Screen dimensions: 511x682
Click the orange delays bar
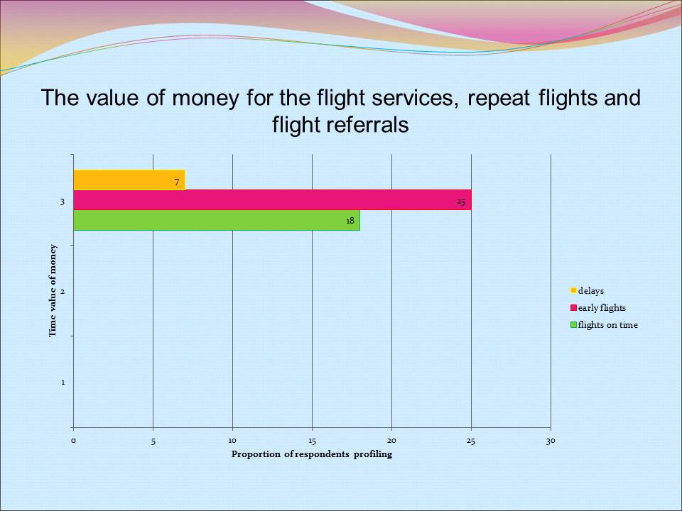coord(128,180)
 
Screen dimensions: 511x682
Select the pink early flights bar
coord(270,200)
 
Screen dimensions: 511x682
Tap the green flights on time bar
coord(213,220)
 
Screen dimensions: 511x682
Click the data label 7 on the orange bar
coord(177,182)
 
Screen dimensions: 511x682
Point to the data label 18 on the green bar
coord(350,221)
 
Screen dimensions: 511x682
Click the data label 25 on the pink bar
coord(461,202)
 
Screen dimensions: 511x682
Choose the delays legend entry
coord(591,290)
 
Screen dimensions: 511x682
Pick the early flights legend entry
coord(602,307)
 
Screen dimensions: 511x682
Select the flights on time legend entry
coord(607,325)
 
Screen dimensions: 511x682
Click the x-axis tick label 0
coord(73,441)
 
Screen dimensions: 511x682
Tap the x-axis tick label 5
coord(153,441)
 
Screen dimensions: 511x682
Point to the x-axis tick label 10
coord(232,441)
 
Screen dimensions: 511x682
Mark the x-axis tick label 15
coord(312,441)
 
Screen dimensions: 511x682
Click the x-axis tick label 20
coord(391,441)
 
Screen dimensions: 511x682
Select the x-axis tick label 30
coord(551,441)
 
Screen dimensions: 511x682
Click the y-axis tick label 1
coord(63,383)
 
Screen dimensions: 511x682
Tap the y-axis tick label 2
coord(63,292)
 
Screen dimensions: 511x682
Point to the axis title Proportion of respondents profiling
coord(311,455)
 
